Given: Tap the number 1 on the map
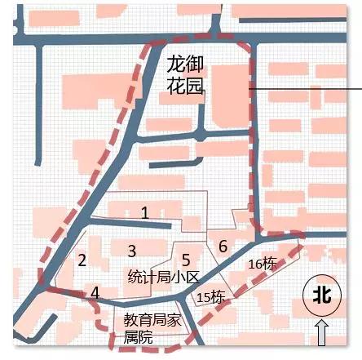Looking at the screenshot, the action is pos(144,213).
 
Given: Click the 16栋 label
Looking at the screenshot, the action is pos(262,264).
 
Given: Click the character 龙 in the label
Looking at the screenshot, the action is pos(173,62).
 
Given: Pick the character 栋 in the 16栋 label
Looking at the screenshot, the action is pos(271,264).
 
